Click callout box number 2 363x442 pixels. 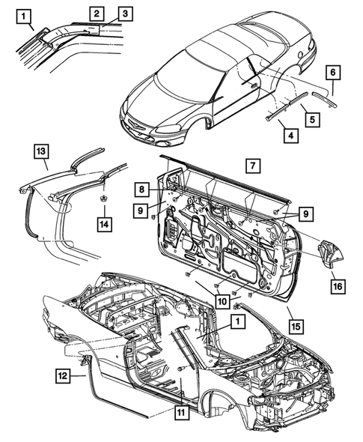click(x=97, y=13)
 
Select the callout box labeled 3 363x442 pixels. click(x=124, y=13)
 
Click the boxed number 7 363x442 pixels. click(x=253, y=163)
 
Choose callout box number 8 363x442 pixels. click(x=140, y=189)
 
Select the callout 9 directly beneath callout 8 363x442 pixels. click(x=140, y=211)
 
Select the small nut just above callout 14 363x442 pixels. click(x=100, y=199)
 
